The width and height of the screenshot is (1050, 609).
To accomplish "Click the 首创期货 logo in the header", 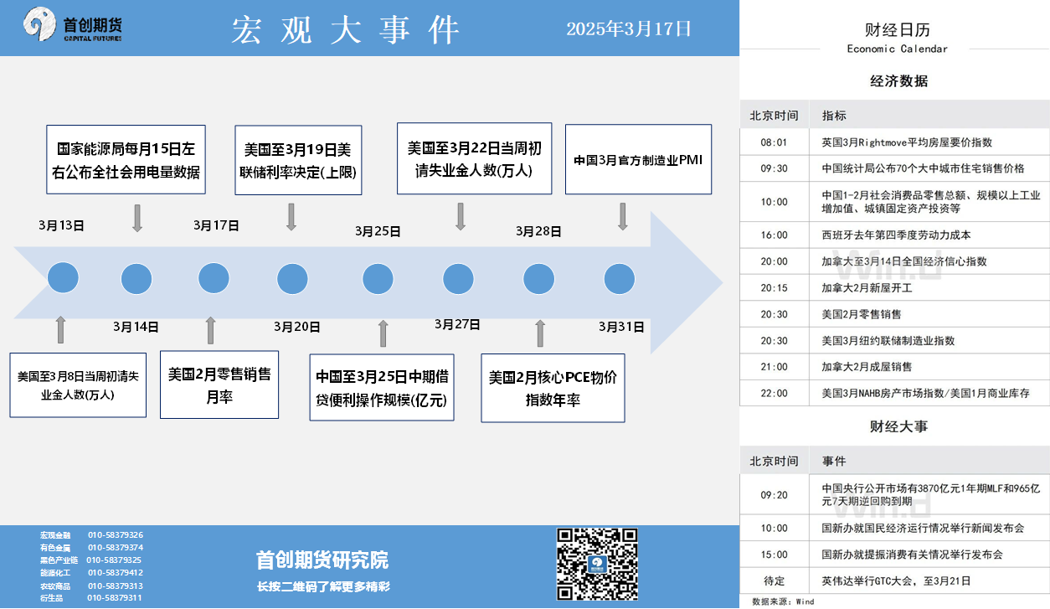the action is tap(73, 24).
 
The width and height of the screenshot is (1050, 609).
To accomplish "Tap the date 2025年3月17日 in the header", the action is tap(629, 29).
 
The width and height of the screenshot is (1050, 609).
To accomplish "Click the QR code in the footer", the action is tap(597, 564).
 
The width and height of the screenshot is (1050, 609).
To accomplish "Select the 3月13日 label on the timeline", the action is tap(61, 225).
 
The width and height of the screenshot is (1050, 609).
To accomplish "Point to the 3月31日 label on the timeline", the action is tap(621, 327).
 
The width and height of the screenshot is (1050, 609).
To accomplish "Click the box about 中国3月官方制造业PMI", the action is tap(638, 159).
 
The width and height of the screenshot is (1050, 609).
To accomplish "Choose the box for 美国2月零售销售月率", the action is tap(219, 384).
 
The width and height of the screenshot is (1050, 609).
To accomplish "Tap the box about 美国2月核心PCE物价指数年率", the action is tap(553, 388).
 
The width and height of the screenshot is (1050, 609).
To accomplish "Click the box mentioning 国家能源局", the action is tap(126, 159).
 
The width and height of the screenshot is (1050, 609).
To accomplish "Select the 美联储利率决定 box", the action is tap(298, 160).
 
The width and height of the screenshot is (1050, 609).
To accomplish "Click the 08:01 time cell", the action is tap(774, 142).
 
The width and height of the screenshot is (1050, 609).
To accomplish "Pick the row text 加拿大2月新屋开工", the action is tap(867, 288).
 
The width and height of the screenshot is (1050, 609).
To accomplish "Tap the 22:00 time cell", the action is tap(774, 394).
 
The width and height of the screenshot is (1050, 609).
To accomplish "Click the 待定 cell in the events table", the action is tap(774, 581).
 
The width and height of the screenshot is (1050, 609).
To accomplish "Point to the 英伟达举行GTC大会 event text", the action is tap(896, 581).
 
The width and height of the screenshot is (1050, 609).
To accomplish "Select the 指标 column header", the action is tap(834, 116).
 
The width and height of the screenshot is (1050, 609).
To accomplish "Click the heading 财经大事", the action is tap(898, 426).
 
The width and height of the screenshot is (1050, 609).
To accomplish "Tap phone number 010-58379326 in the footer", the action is tap(116, 535).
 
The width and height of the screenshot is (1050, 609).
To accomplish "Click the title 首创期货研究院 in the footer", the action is tap(322, 560).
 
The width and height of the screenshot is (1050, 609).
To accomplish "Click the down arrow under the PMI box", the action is tap(622, 217).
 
